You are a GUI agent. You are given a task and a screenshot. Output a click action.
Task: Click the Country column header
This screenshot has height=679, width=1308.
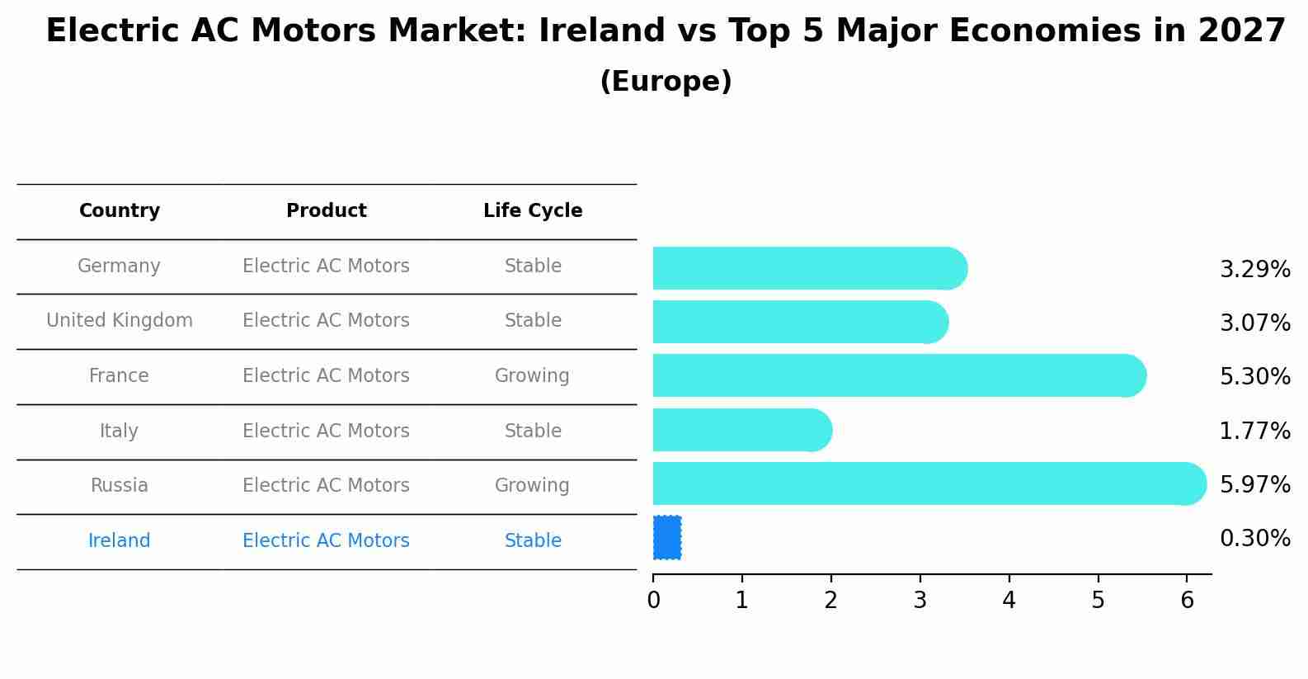120,211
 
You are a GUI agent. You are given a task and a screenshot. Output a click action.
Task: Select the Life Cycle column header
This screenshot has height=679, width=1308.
533,211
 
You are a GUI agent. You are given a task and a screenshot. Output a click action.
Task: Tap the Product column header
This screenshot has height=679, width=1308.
326,211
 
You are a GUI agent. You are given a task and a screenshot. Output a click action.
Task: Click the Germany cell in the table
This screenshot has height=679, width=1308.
119,266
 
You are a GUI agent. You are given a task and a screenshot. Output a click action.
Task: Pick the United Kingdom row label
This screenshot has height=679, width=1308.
120,321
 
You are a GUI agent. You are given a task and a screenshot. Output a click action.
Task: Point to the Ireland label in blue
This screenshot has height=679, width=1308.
119,541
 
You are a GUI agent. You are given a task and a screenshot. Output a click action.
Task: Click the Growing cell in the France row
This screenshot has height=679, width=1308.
532,376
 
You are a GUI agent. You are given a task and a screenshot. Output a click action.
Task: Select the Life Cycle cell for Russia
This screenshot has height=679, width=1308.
532,486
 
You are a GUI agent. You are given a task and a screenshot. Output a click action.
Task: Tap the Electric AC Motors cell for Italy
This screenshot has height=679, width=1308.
326,431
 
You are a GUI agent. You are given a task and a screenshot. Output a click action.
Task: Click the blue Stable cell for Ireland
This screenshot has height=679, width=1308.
533,541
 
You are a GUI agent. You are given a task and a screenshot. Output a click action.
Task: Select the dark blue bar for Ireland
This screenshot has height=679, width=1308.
666,538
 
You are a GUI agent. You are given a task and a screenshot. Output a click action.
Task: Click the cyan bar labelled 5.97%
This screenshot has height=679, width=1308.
924,483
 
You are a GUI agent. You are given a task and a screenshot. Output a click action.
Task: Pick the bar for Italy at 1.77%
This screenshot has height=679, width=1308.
738,430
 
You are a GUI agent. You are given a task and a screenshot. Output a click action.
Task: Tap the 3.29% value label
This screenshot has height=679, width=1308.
1254,270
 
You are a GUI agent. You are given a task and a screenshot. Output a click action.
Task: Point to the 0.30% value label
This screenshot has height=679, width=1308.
1254,539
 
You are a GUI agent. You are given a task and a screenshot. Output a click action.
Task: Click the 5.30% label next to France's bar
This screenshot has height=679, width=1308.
1254,377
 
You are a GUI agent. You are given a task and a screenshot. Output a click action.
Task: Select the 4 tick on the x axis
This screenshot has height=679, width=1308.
1009,601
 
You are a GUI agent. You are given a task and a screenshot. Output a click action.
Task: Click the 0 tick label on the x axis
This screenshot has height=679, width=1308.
653,601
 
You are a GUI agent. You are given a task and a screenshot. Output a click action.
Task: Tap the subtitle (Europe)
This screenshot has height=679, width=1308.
666,82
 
